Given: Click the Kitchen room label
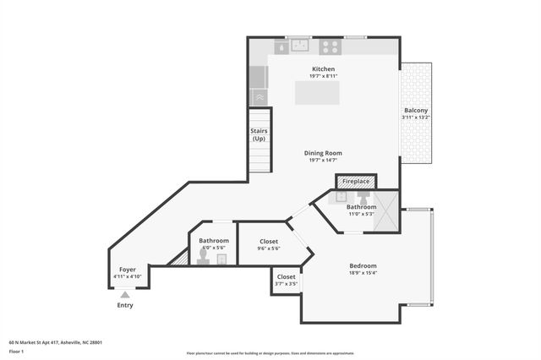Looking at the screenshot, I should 324,68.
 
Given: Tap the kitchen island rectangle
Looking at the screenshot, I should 317,93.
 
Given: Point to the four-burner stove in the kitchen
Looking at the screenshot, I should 331,47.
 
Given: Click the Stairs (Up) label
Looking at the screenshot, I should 259,134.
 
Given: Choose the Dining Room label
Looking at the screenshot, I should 324,153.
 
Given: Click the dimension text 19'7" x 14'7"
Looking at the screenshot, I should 324,161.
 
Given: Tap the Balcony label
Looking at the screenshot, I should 415,112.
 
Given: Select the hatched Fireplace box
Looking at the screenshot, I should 356,182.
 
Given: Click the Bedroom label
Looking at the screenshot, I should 363,266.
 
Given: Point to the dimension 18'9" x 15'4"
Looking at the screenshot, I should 363,273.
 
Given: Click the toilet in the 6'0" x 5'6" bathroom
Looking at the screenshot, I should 203,260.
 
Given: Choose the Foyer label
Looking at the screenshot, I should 127,270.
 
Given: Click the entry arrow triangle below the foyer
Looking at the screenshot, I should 125,295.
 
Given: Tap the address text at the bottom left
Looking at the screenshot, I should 56,342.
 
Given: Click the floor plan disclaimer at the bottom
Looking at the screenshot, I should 270,353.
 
